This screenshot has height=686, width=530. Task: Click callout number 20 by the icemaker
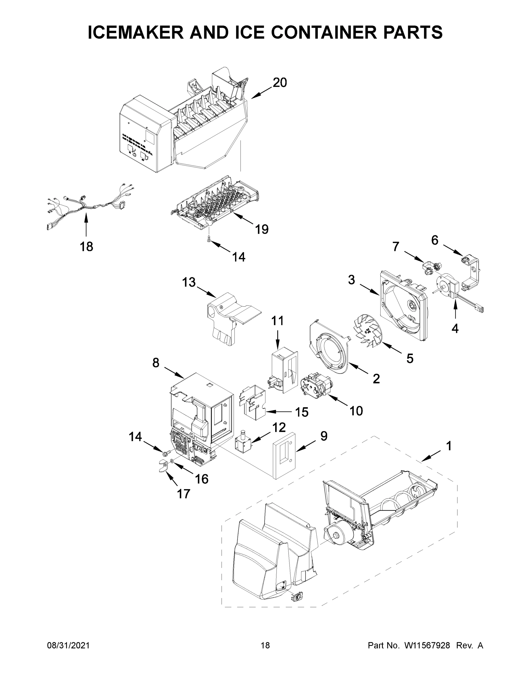(x=279, y=83)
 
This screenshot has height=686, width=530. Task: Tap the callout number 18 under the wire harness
(x=86, y=247)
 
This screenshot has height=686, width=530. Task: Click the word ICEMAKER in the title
(x=136, y=32)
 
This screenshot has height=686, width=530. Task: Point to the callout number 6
(x=435, y=240)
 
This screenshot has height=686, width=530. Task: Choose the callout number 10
(x=356, y=410)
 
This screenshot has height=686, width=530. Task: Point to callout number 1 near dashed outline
(x=449, y=446)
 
